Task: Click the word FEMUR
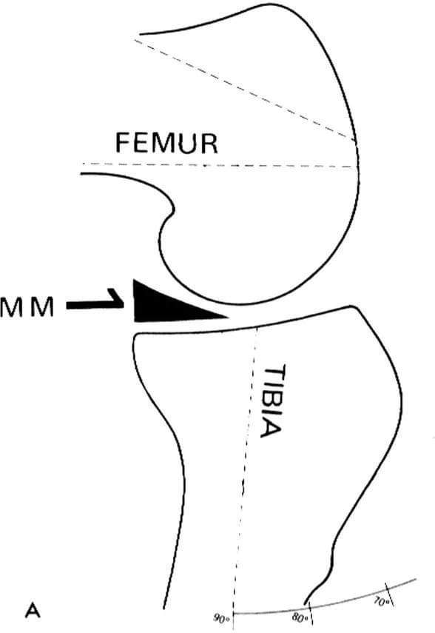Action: (166, 143)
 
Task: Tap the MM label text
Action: (27, 309)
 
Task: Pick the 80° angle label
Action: (299, 617)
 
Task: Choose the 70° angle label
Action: (381, 602)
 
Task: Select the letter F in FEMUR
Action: (123, 143)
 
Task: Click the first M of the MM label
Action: (13, 309)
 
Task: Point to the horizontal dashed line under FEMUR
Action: (220, 165)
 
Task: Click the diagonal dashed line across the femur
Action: (245, 90)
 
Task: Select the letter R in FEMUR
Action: (209, 144)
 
